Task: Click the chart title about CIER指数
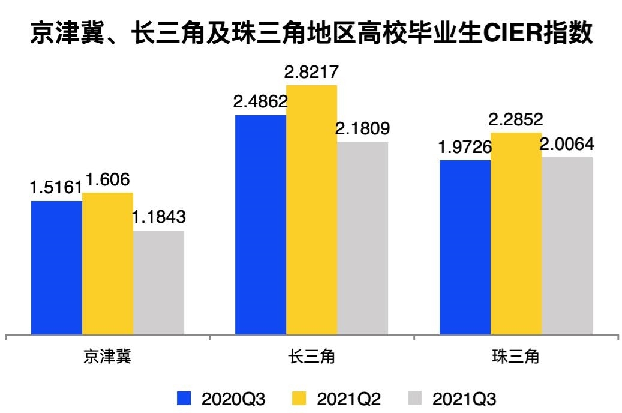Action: pyautogui.click(x=311, y=34)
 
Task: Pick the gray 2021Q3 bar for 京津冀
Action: pyautogui.click(x=158, y=282)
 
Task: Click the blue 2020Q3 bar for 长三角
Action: pyautogui.click(x=260, y=225)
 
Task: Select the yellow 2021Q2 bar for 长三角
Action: pyautogui.click(x=311, y=210)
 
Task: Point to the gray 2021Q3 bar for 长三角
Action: pyautogui.click(x=362, y=238)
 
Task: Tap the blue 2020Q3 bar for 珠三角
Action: pyautogui.click(x=465, y=247)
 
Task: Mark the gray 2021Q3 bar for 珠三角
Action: pyautogui.click(x=567, y=246)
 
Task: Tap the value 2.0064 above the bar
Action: pyautogui.click(x=567, y=145)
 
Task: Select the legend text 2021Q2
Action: pyautogui.click(x=349, y=399)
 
